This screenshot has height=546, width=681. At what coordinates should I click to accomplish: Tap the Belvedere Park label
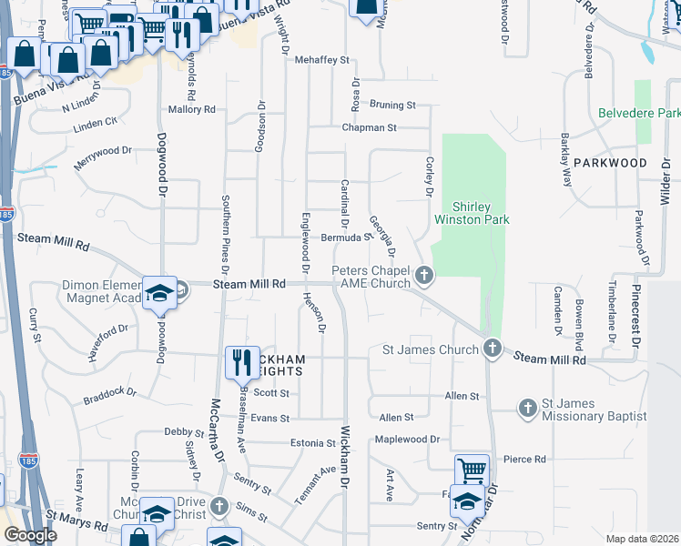(639, 114)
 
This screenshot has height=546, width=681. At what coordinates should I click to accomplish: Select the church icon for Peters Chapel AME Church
(423, 275)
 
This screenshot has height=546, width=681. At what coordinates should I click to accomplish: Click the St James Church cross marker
(492, 349)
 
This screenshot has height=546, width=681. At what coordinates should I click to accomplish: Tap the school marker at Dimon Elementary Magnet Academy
(159, 293)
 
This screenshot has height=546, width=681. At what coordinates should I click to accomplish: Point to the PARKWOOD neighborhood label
(610, 163)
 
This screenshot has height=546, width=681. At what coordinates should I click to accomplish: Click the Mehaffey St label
(322, 60)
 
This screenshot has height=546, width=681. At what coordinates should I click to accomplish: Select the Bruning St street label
(392, 106)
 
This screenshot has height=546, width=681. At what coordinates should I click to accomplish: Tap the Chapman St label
(370, 128)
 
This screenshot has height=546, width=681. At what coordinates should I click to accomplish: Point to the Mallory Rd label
(191, 109)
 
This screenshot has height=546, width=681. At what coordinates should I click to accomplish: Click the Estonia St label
(313, 443)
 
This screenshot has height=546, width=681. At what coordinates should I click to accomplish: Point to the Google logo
(29, 535)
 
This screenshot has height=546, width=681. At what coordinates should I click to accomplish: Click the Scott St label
(271, 393)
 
